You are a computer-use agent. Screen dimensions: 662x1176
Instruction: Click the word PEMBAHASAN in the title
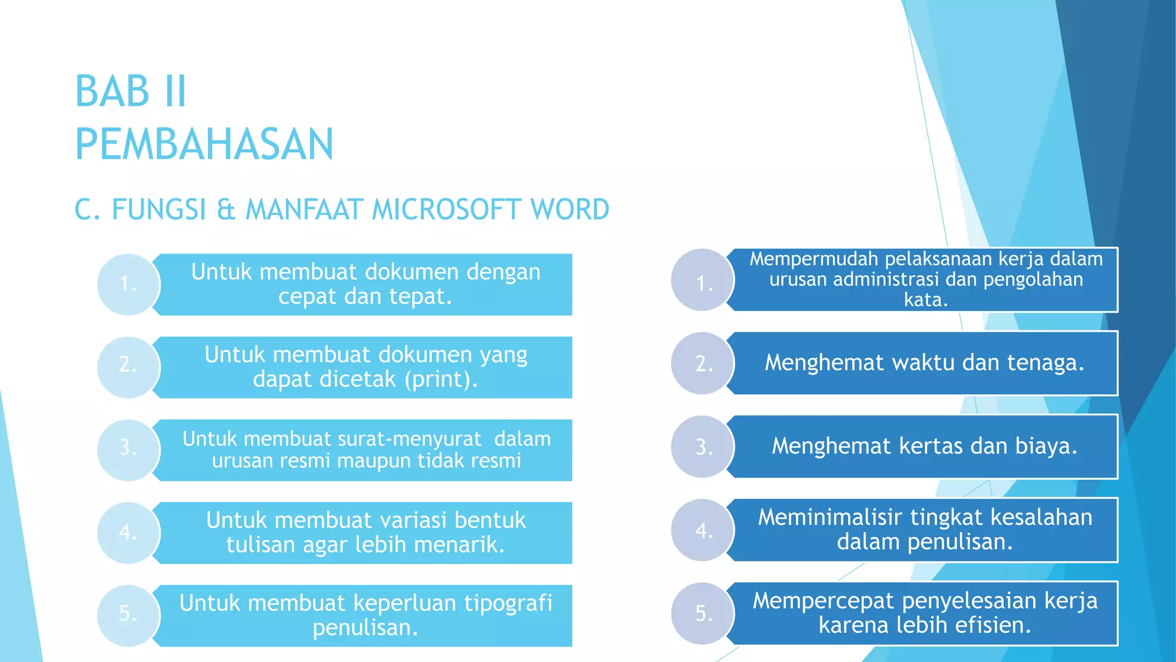[204, 144]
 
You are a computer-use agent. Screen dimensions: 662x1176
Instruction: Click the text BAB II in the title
[131, 91]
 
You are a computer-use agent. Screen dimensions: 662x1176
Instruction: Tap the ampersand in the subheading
[226, 209]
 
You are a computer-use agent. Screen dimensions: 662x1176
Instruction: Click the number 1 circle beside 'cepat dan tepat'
[128, 284]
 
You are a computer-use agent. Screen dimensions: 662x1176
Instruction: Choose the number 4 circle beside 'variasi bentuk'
[128, 533]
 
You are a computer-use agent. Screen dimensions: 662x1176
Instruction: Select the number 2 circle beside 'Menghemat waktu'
[703, 363]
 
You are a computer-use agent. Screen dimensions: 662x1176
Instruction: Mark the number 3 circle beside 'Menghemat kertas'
[703, 447]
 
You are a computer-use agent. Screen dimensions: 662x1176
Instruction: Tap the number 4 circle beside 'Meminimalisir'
[703, 530]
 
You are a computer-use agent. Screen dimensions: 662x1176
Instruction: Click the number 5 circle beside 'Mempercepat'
[703, 613]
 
